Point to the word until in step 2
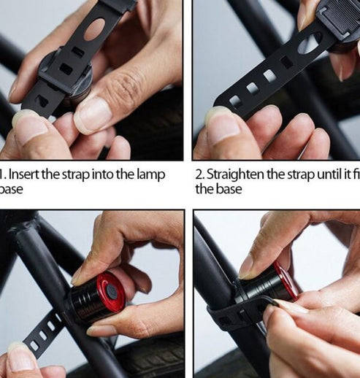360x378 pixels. click(x=324, y=174)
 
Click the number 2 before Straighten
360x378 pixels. click(x=199, y=174)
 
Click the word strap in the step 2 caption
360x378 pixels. click(x=295, y=174)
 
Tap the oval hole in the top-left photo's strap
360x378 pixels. click(x=94, y=29)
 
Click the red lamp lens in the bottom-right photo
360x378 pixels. click(x=287, y=280)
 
